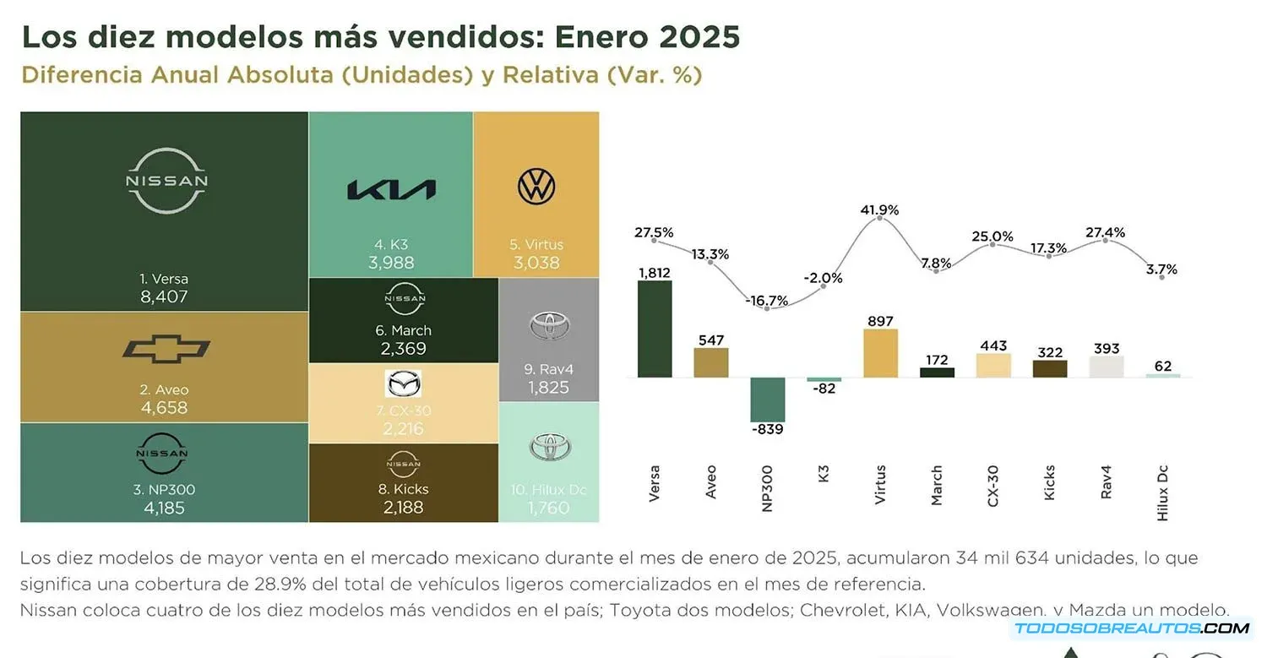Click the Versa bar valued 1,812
pos(655,329)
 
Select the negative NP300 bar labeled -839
pos(767,400)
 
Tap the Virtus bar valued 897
pos(880,353)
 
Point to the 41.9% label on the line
pos(880,209)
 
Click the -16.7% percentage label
pos(767,300)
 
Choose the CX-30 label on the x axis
pos(993,486)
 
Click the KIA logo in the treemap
pos(391,190)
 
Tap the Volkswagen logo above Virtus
pos(536,187)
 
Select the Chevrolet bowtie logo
pos(166,348)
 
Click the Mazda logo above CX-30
pos(403,384)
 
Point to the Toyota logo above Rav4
pos(550,326)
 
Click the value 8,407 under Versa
pos(164,297)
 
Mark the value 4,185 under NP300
pos(164,508)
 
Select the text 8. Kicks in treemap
pos(402,489)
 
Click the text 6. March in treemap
pos(403,330)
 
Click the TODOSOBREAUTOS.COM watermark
pos(1131,628)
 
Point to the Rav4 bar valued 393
pos(1106,367)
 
